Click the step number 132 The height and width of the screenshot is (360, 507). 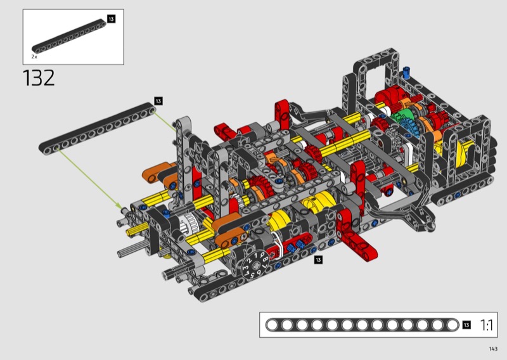(39, 79)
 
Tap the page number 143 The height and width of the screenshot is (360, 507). (493, 349)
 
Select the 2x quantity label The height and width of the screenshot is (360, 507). (34, 56)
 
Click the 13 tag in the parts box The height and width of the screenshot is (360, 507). (111, 19)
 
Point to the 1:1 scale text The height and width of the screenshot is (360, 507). (486, 325)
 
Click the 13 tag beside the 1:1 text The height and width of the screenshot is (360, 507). (466, 325)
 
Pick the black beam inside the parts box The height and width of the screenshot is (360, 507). (69, 36)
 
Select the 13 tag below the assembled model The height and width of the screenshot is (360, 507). (318, 260)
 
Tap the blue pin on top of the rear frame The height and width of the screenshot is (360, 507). (406, 72)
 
